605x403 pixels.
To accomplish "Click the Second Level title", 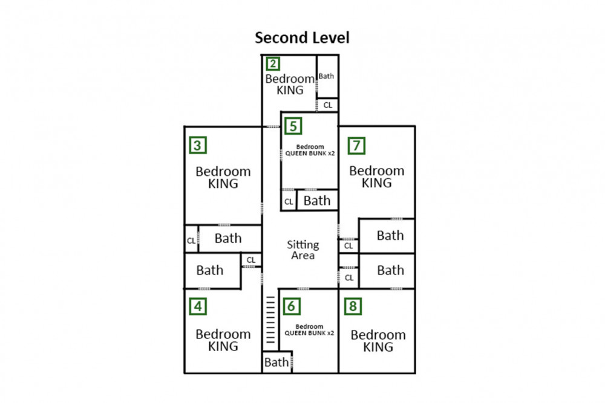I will point(302,37).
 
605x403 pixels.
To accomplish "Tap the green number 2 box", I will point(273,64).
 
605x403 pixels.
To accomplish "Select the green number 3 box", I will point(197,146).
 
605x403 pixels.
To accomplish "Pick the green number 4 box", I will point(197,306).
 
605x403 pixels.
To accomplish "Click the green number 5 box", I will point(293,126).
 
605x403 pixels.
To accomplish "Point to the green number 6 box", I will point(291,306).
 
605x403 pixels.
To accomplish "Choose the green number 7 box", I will point(357,146).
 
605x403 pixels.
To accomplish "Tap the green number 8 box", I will point(353,306).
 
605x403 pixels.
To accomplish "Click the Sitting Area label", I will point(302,250).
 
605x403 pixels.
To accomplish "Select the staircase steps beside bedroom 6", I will point(270,320).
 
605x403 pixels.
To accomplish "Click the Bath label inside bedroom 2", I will point(327,76).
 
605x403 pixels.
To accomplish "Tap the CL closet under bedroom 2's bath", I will point(328,105).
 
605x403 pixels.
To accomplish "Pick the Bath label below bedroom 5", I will point(316,201).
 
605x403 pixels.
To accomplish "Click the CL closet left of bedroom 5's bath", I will point(289,202).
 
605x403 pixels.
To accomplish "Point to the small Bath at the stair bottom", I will point(276,363).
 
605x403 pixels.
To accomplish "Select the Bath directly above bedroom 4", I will point(210,270).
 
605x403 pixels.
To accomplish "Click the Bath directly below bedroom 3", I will point(228,238).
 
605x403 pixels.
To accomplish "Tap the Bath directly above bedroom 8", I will point(390,270).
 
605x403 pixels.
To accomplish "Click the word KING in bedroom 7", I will point(376,183).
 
